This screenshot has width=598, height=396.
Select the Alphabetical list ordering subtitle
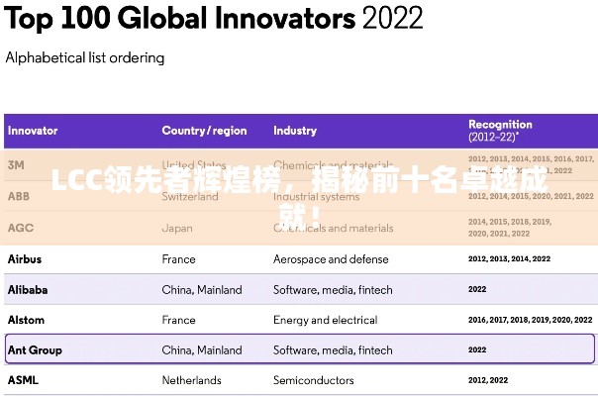click(85, 57)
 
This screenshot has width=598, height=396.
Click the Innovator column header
click(33, 131)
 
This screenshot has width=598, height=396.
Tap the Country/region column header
click(204, 131)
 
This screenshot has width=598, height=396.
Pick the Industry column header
click(295, 131)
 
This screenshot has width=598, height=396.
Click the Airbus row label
click(25, 259)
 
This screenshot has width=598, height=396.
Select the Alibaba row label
click(28, 290)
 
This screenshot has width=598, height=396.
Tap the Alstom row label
click(26, 320)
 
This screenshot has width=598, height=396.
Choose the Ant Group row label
click(35, 349)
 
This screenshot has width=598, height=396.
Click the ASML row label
click(23, 379)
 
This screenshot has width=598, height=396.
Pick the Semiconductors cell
click(313, 379)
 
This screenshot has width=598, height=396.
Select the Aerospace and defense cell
click(331, 259)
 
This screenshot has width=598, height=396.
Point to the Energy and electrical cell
click(325, 320)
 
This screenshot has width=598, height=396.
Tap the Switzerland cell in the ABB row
click(190, 196)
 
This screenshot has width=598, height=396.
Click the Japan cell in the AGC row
click(177, 228)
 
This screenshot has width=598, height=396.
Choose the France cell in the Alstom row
click(179, 320)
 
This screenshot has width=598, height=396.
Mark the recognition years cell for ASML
click(488, 379)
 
